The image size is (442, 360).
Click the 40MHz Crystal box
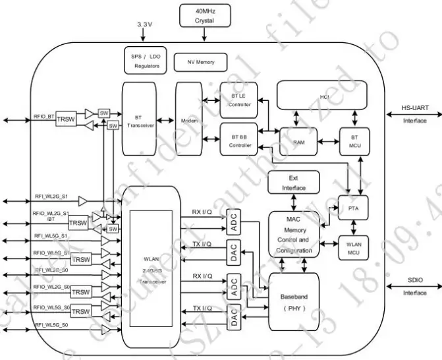click(205, 16)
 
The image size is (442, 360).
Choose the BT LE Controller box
click(238, 100)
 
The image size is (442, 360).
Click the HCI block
click(324, 96)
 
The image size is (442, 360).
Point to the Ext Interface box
click(293, 183)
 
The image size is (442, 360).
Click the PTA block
click(352, 209)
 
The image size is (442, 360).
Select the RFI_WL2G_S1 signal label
click(51, 196)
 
